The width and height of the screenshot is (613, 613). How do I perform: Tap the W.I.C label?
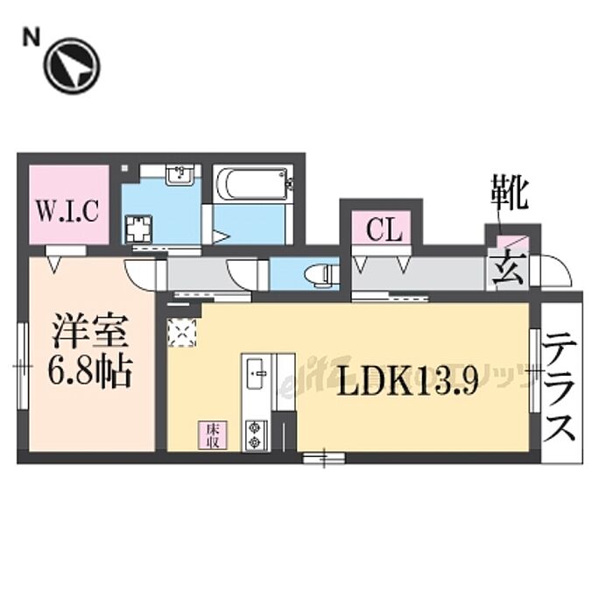click(x=72, y=210)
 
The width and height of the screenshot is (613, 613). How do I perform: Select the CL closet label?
click(x=384, y=231)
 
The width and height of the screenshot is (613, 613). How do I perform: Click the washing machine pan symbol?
click(x=139, y=229)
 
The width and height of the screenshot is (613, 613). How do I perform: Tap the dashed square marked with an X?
click(x=184, y=331)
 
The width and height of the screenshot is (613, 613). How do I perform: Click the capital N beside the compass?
click(x=32, y=37)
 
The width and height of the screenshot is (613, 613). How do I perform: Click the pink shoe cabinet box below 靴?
click(x=509, y=241)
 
